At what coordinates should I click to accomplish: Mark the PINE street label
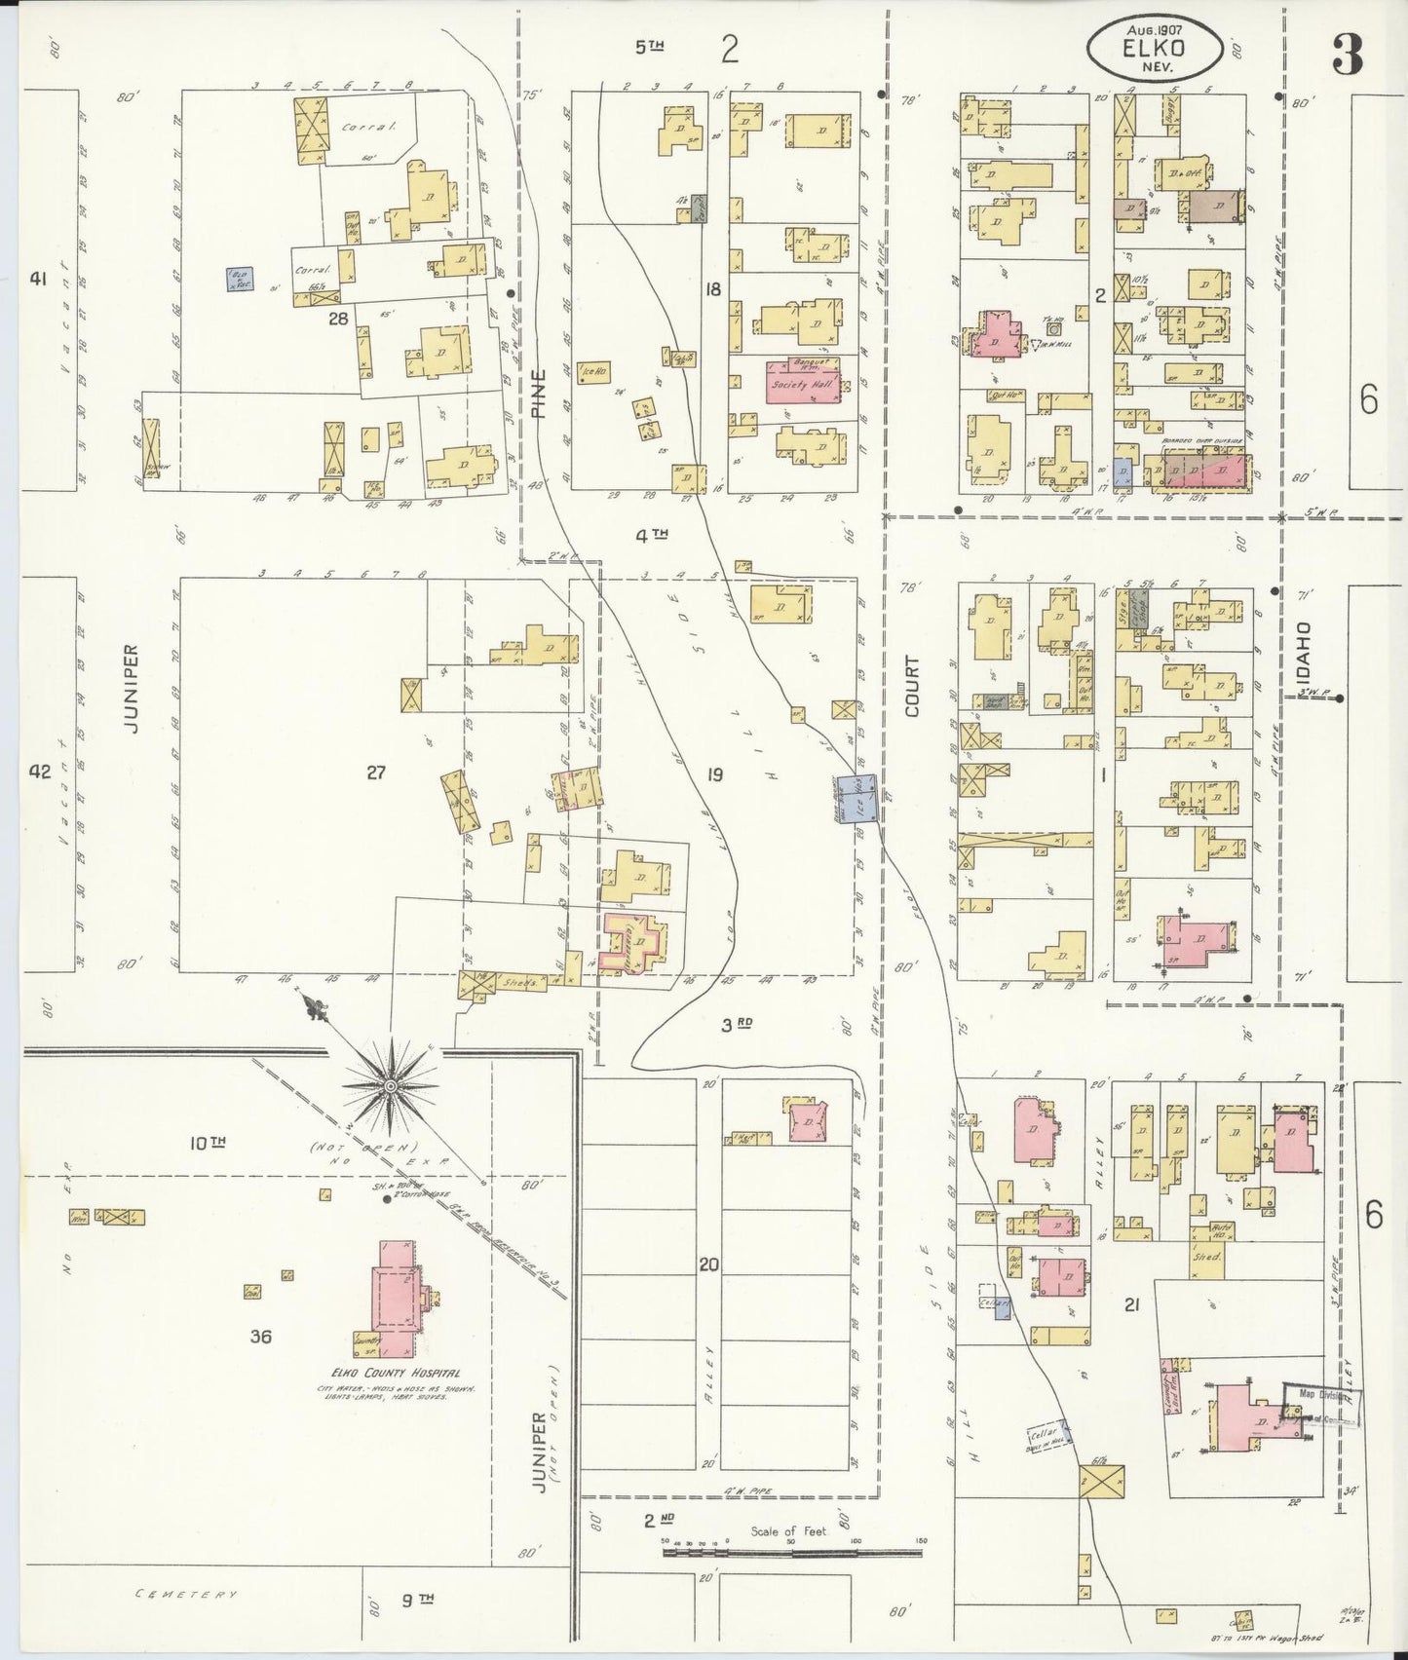pyautogui.click(x=540, y=393)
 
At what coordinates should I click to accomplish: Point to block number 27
pyautogui.click(x=376, y=773)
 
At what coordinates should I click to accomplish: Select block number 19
pyautogui.click(x=714, y=774)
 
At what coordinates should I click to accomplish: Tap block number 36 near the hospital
pyautogui.click(x=259, y=1337)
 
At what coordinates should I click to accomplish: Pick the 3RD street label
pyautogui.click(x=738, y=1024)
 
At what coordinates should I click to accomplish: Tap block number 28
pyautogui.click(x=337, y=318)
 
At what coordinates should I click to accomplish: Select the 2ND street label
pyautogui.click(x=659, y=1519)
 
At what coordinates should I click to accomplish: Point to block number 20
pyautogui.click(x=708, y=1265)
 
